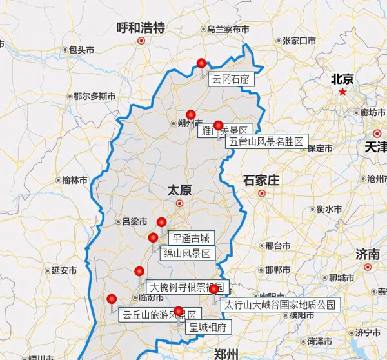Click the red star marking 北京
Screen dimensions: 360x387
343,92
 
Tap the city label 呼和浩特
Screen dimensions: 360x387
141,27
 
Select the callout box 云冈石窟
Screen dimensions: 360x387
230,80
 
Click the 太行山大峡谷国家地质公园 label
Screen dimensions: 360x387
279,305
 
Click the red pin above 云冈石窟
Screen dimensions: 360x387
201,63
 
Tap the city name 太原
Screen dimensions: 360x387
180,190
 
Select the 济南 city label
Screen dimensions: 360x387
367,254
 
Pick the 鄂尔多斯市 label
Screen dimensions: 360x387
94,96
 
